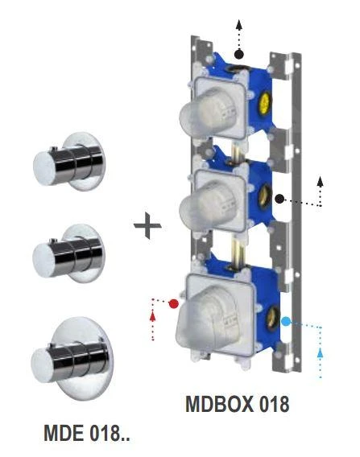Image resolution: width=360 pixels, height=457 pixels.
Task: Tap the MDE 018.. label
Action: [x=86, y=435]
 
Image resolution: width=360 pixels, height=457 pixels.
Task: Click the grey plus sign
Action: [x=147, y=225]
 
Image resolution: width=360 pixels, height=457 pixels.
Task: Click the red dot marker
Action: [x=172, y=303]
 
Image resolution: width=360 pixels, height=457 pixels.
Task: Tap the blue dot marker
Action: [x=286, y=322]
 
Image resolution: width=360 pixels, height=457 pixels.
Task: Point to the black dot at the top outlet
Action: [x=239, y=54]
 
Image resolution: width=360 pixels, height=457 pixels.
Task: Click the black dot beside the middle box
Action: [x=279, y=198]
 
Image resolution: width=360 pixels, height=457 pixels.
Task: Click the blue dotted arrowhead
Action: [x=322, y=352]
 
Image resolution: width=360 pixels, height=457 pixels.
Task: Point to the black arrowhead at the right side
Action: [x=321, y=176]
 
